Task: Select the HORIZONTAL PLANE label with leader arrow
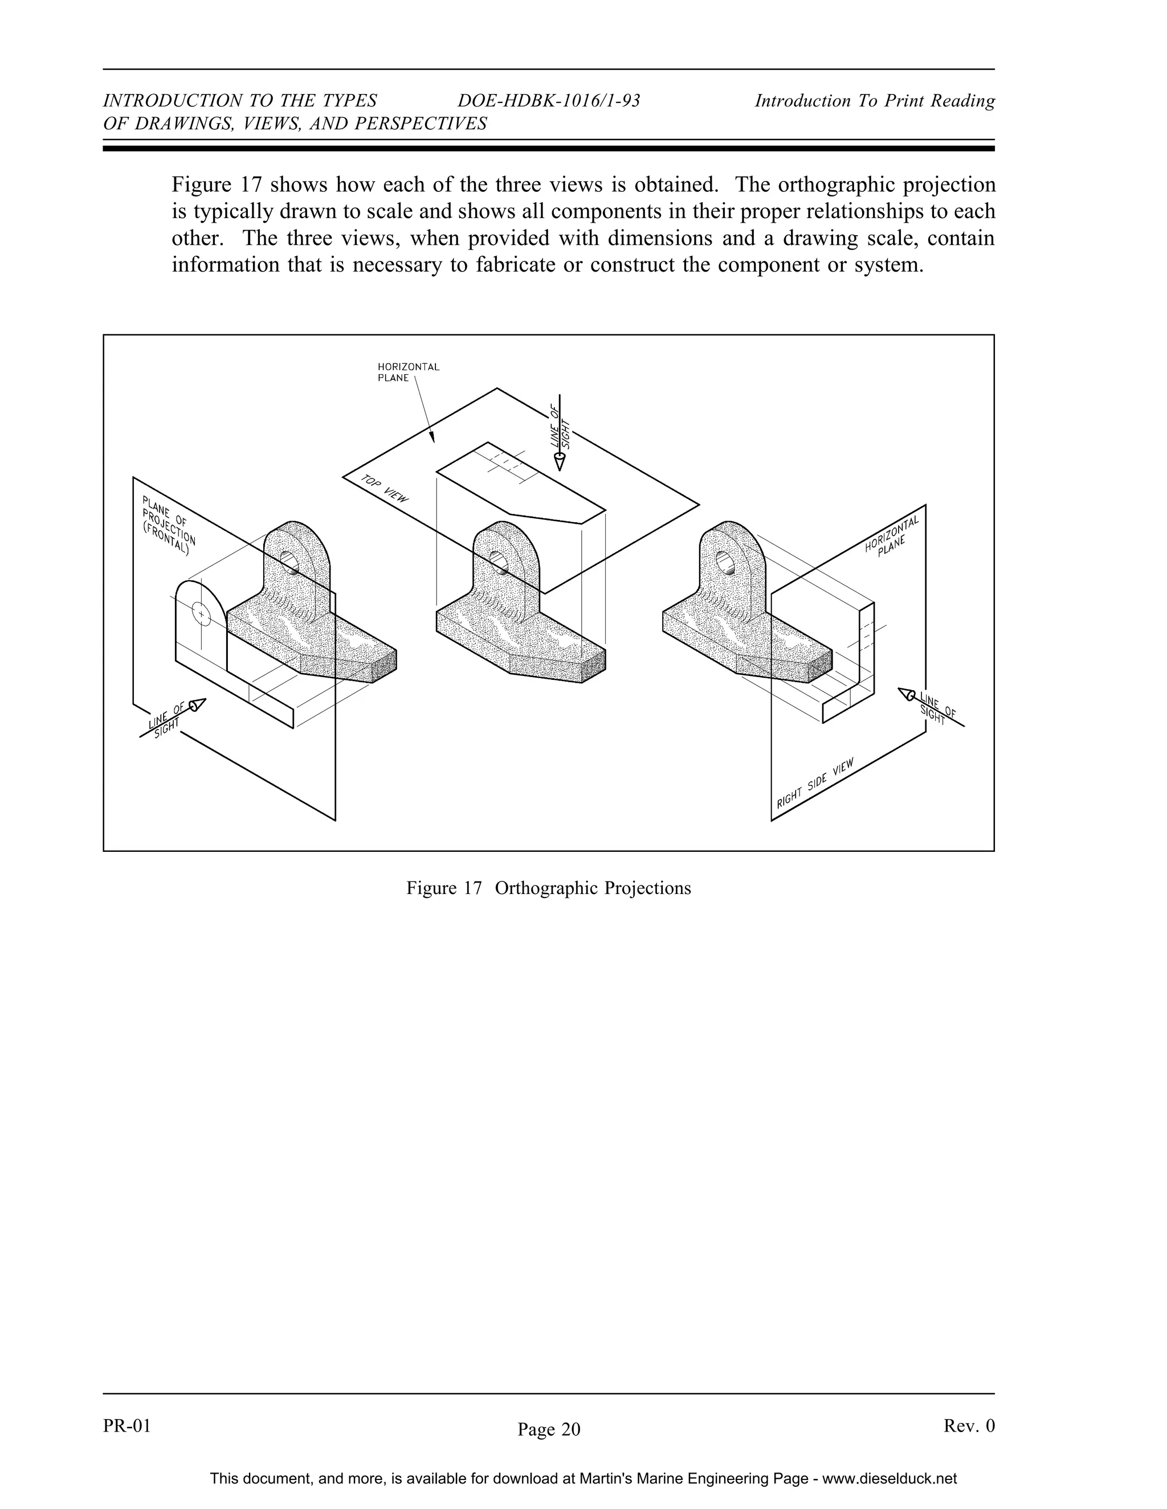coord(408,372)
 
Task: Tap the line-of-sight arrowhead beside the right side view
coord(907,693)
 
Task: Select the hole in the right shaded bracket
coord(726,561)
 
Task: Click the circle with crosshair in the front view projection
coord(201,613)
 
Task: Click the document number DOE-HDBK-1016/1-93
coord(549,101)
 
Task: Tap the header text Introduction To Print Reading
coord(874,101)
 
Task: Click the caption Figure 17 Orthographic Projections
coord(548,888)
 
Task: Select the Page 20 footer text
coord(549,1429)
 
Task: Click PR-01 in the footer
coord(127,1425)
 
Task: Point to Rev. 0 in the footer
coord(969,1425)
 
